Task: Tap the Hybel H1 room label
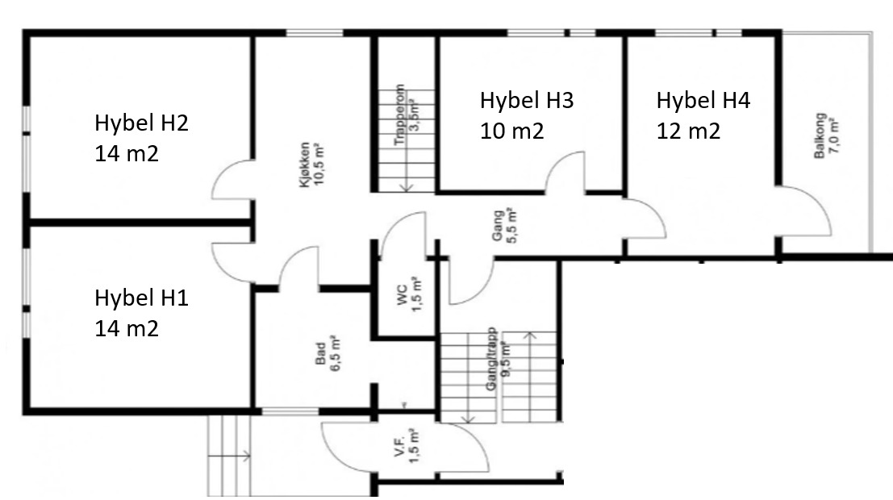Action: [x=141, y=298]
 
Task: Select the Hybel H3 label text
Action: [x=527, y=101]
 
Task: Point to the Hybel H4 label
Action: [x=703, y=101]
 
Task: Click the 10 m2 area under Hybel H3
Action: [x=512, y=130]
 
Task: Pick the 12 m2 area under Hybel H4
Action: [x=688, y=130]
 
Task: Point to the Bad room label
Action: [x=319, y=355]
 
